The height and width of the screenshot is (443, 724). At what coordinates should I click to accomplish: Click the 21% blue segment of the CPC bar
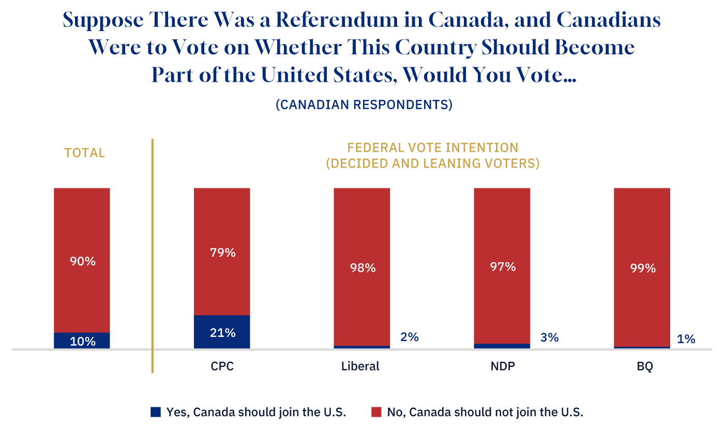222,332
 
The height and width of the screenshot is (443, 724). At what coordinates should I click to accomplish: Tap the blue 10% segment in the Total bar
82,341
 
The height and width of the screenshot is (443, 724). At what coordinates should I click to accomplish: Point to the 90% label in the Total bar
83,261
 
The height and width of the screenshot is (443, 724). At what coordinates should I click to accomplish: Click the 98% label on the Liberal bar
362,268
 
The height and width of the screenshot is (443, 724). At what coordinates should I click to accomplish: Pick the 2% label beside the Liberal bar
409,337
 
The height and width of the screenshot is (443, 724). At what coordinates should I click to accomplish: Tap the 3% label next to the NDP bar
549,337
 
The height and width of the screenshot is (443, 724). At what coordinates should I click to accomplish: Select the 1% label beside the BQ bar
686,339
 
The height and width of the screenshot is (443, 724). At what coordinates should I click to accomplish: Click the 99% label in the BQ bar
642,268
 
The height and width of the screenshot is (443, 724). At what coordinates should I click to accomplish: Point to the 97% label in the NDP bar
503,267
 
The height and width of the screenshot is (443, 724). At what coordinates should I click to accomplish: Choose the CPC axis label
222,366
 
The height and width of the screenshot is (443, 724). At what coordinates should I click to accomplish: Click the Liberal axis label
360,366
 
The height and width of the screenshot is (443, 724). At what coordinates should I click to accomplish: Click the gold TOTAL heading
84,153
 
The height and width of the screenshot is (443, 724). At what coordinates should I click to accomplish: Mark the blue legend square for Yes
156,412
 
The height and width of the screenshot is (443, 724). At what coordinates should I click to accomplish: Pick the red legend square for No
376,412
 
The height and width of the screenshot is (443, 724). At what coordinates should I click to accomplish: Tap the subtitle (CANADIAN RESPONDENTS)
364,105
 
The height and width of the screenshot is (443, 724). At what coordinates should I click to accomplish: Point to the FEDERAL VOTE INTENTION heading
432,147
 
